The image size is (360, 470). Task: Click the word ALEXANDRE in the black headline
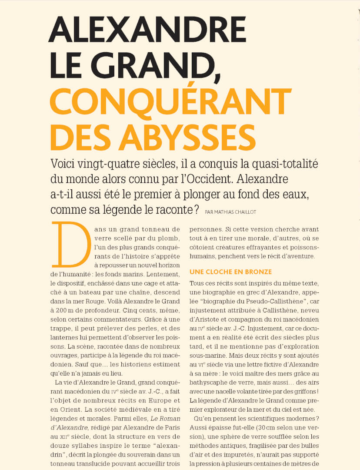pyautogui.click(x=147, y=29)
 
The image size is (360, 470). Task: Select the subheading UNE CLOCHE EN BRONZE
pyautogui.click(x=230, y=272)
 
